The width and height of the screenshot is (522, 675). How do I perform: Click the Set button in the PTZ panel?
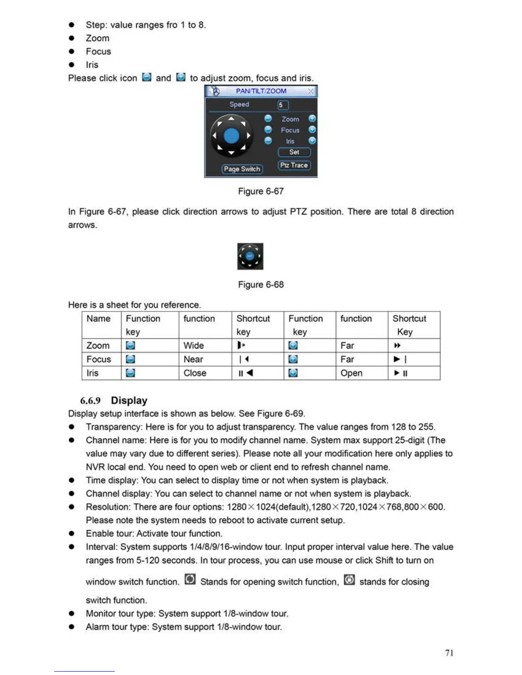point(294,152)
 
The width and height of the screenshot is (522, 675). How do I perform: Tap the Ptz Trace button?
point(294,165)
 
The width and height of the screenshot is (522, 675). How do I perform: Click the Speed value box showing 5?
point(283,105)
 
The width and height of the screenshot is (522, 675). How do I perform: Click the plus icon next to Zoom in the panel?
point(312,118)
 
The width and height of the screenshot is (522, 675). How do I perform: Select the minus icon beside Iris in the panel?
point(268,141)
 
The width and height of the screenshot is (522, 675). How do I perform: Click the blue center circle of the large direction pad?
point(232,136)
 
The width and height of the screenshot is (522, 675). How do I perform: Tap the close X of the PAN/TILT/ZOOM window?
point(310,91)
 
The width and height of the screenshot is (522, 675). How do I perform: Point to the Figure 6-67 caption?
point(261,191)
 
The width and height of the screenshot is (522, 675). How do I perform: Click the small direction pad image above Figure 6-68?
point(250,256)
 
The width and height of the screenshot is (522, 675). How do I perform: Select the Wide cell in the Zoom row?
point(194,346)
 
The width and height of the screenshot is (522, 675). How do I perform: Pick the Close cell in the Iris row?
point(195,373)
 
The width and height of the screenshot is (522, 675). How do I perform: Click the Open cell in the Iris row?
point(351,373)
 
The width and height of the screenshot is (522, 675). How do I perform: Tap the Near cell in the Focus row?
point(193,359)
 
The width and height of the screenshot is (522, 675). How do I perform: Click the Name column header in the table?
point(99,319)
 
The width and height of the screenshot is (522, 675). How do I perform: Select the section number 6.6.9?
point(90,401)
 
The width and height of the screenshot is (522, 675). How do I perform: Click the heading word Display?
point(129,401)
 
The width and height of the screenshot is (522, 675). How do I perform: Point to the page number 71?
point(449,653)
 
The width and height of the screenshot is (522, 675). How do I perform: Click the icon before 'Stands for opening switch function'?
point(190,580)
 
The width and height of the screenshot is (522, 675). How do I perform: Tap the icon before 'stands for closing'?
point(349,580)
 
